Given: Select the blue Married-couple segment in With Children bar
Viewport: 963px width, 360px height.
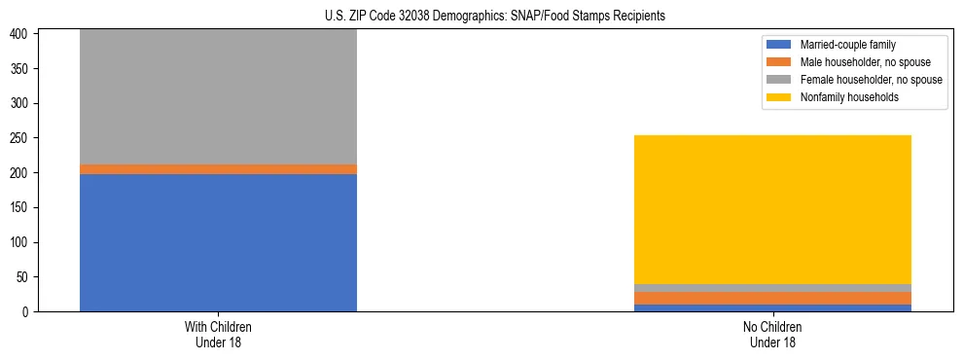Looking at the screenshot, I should coord(218,242).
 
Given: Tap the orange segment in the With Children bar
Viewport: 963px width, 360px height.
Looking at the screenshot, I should coord(218,169).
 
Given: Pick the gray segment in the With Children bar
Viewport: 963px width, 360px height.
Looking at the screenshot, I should coord(218,96).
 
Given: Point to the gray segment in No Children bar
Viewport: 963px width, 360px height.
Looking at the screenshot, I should coord(772,288).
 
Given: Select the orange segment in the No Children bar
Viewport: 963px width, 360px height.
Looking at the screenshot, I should coord(772,298).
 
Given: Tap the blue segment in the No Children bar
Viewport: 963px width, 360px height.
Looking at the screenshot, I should coord(772,307).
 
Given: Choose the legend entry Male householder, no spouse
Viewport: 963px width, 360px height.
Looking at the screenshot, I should coord(856,62).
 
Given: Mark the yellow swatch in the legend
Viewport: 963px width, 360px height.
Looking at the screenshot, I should coord(779,97).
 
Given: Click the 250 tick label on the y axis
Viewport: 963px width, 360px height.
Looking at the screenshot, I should coord(22,138).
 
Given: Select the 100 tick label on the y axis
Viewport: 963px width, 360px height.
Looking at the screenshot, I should coord(22,242).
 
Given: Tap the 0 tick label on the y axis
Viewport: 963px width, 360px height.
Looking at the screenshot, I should coord(28,311).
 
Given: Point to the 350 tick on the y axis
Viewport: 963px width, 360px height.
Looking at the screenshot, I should coord(22,69).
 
